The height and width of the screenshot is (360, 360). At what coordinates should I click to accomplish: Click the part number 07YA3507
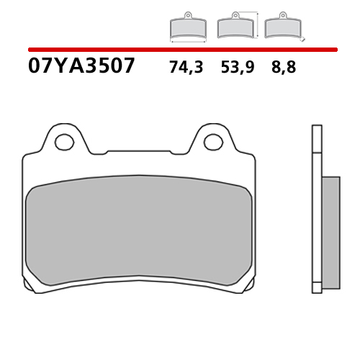pyautogui.click(x=81, y=67)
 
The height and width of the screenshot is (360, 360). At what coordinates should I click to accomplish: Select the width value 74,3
pyautogui.click(x=186, y=68)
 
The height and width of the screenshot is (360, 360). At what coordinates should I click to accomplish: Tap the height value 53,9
pyautogui.click(x=236, y=68)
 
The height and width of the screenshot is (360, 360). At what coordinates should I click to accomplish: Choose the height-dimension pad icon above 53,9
pyautogui.click(x=234, y=27)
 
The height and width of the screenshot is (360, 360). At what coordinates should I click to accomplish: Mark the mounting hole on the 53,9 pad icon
pyautogui.click(x=234, y=15)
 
